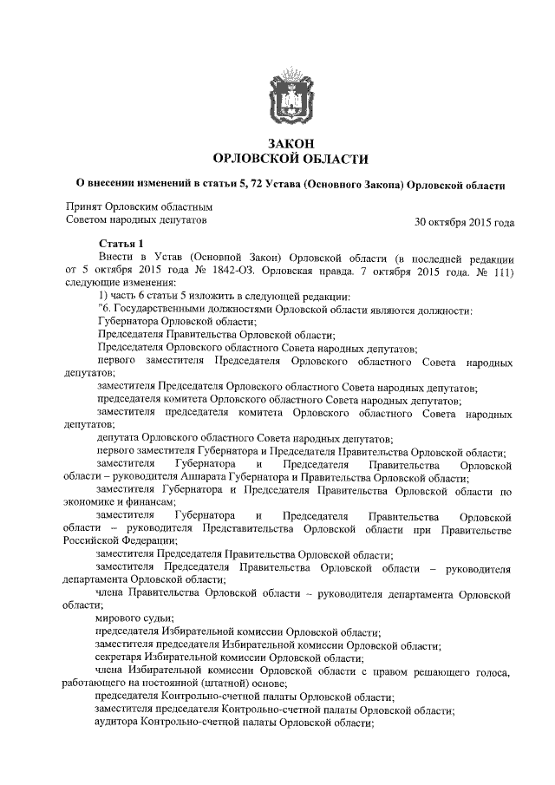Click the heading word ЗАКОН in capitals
pyautogui.click(x=291, y=143)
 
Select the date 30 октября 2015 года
pyautogui.click(x=465, y=222)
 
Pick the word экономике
pyautogui.click(x=91, y=502)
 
